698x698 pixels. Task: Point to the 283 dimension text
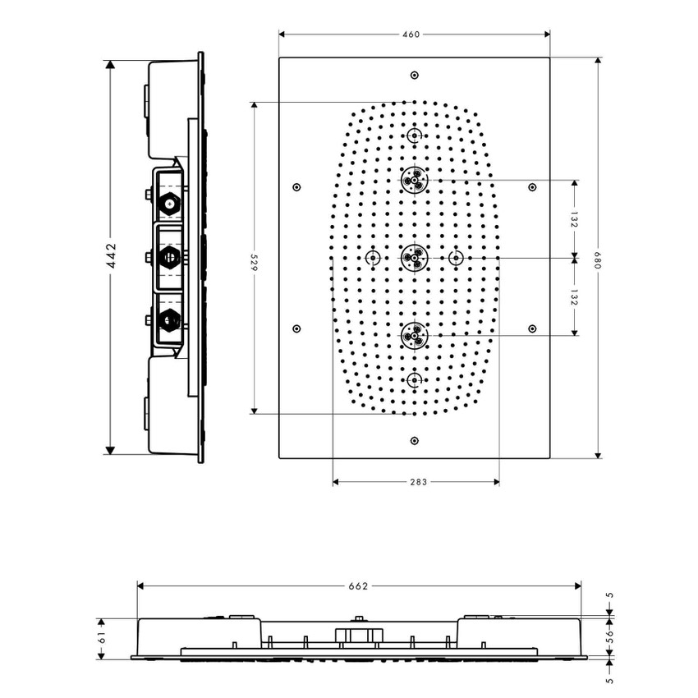click(416, 482)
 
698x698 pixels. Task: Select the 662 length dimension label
click(358, 585)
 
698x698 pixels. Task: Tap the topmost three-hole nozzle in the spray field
click(414, 178)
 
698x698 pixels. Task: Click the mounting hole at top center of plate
click(414, 75)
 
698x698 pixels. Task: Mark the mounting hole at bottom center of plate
click(414, 440)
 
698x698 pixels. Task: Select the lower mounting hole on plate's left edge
click(296, 328)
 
